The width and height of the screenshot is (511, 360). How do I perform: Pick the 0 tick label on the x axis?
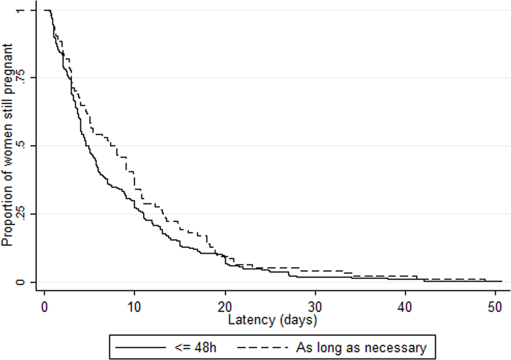tap(45, 307)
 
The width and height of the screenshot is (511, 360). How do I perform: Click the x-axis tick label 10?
tap(135, 307)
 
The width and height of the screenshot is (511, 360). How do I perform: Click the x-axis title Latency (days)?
tap(272, 320)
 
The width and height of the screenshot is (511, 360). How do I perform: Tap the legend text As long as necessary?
tap(361, 348)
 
